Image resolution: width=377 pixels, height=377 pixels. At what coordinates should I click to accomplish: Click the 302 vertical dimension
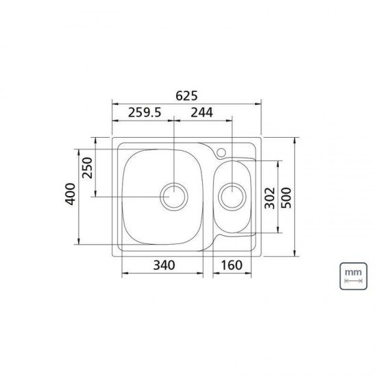point(269,198)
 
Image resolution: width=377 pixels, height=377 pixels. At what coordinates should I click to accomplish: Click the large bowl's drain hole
point(174,197)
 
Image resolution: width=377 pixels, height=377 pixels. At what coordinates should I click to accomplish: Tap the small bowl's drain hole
point(232,197)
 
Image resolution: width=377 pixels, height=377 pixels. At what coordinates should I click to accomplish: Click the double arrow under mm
point(352,282)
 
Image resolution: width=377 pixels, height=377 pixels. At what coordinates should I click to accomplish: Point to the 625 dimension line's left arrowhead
point(114,104)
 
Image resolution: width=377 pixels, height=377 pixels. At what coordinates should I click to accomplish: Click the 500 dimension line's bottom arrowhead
point(295,256)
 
